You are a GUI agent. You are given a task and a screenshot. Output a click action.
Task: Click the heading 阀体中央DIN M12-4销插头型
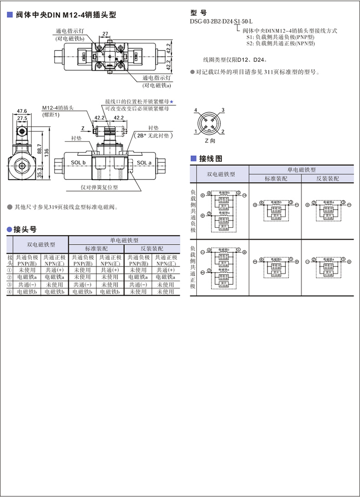coord(66,15)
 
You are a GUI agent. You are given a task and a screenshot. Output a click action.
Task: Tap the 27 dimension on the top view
coord(105,34)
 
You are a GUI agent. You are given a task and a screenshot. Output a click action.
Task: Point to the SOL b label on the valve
coord(78,163)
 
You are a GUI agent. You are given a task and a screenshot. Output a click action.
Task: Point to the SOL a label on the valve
coord(144,163)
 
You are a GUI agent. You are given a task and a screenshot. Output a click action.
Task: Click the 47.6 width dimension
coord(22,111)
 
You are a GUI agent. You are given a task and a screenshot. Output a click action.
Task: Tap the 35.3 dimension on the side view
coord(39,173)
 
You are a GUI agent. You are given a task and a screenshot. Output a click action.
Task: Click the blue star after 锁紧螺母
coord(172,101)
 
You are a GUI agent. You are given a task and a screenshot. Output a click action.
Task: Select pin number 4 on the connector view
coord(195,110)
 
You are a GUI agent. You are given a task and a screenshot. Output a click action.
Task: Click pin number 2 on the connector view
coord(222,132)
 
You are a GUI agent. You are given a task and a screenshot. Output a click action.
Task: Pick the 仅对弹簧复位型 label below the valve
coord(99,187)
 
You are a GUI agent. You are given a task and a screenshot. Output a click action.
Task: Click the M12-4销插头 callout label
coord(58,108)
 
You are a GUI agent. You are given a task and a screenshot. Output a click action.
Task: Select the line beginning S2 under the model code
coord(280,43)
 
